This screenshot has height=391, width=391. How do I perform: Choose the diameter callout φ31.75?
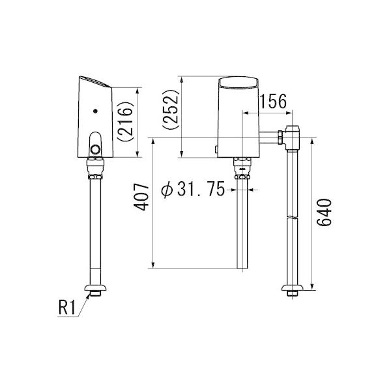(x=193, y=190)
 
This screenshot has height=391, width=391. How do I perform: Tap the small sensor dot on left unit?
(x=96, y=111)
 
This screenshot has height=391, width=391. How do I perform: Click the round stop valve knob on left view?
(x=96, y=148)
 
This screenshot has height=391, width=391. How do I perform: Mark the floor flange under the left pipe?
(x=96, y=287)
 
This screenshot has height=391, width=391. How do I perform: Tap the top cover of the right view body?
(x=239, y=82)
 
